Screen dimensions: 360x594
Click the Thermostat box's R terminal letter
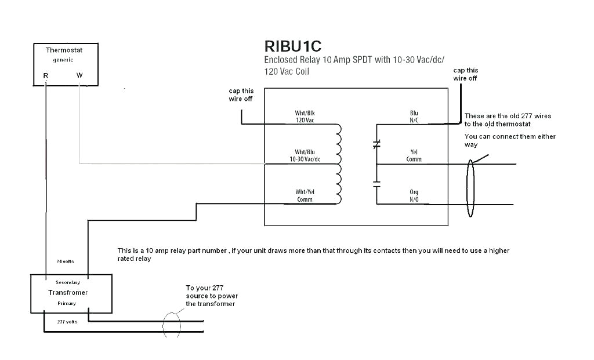click(45, 76)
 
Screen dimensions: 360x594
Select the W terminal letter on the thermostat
click(79, 76)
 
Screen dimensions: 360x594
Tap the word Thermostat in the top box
click(64, 50)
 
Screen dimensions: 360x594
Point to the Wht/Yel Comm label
click(304, 196)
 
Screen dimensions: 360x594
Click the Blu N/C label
click(414, 117)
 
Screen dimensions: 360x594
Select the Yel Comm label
click(414, 155)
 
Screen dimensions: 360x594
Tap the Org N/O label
click(414, 195)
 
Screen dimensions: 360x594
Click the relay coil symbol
click(338, 165)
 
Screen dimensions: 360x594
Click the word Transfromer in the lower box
click(68, 293)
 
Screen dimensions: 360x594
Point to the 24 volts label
click(65, 261)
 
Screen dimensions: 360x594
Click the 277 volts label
click(67, 321)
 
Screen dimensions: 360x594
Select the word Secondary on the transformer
click(68, 282)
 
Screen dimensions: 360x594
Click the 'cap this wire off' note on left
click(241, 95)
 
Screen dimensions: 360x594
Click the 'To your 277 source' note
click(211, 296)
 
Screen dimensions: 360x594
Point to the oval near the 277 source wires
click(172, 325)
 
